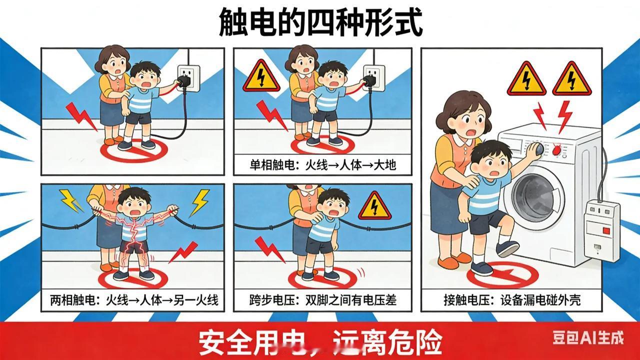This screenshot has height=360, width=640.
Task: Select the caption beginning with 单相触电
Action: click(x=323, y=164)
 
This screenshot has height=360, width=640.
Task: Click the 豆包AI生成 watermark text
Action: click(x=588, y=338)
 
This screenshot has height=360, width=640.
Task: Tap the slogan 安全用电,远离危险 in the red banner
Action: click(x=320, y=341)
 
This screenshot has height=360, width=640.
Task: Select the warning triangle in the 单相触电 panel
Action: click(x=261, y=76)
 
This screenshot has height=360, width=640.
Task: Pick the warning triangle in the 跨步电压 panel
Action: click(x=374, y=206)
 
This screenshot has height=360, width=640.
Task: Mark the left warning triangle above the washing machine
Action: click(x=526, y=79)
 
